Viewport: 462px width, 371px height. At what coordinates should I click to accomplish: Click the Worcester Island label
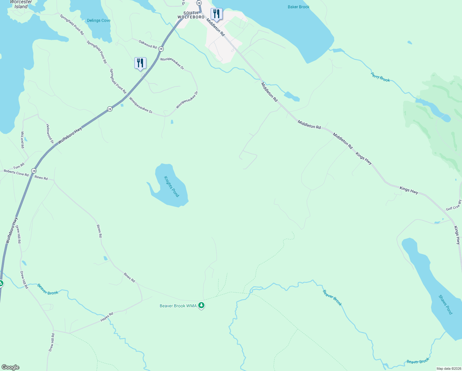tap(21, 4)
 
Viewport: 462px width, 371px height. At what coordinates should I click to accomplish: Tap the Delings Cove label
tap(99, 20)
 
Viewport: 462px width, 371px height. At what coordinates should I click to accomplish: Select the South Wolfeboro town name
tap(191, 15)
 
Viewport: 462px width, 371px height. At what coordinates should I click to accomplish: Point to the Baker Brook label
tap(298, 7)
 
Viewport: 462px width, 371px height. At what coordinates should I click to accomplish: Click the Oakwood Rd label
tap(148, 44)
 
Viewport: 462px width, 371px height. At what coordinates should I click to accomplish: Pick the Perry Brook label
tap(380, 77)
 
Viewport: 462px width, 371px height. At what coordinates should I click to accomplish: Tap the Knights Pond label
tap(171, 186)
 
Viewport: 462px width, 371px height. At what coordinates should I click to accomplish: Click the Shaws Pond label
tap(445, 305)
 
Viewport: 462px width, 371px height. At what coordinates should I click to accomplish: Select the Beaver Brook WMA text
tap(178, 306)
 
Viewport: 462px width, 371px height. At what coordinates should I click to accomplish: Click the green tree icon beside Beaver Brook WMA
tap(201, 305)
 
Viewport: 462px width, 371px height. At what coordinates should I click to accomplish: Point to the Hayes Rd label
tap(107, 317)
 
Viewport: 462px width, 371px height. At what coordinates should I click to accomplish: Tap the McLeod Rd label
tap(22, 140)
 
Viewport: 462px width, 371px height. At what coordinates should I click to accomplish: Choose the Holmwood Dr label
tap(50, 134)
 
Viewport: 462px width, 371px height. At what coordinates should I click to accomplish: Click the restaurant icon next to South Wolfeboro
tap(216, 14)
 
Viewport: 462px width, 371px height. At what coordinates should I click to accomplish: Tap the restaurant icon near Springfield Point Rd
tap(140, 63)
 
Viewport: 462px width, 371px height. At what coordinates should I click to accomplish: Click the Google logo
tap(10, 367)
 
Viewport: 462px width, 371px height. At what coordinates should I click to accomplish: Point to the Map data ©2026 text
tap(448, 369)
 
